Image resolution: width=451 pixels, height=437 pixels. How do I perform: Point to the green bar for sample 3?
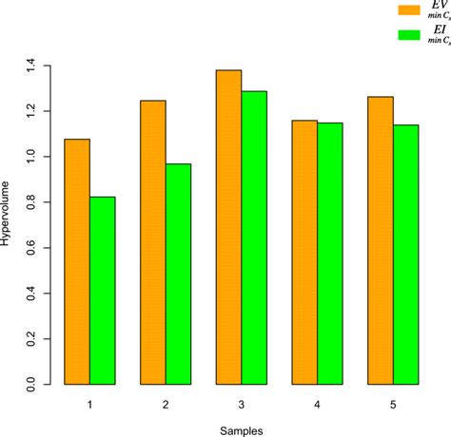pos(254,237)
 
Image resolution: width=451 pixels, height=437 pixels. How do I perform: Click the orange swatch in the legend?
pos(410,9)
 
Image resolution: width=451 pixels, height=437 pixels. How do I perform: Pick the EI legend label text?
pos(439,34)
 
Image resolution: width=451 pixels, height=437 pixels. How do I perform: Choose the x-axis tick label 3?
pos(242,405)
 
